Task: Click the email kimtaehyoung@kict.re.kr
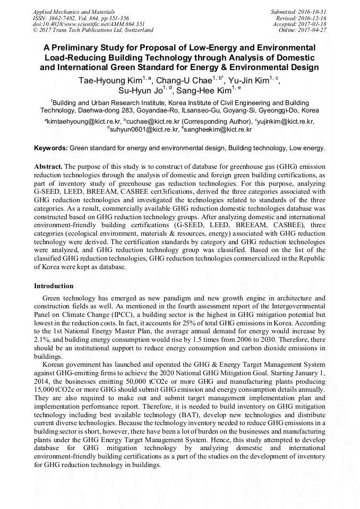pos(80,122)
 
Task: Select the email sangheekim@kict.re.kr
pos(218,129)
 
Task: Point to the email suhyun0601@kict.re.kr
pos(144,129)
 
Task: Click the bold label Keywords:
pos(50,148)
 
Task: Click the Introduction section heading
pos(54,286)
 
